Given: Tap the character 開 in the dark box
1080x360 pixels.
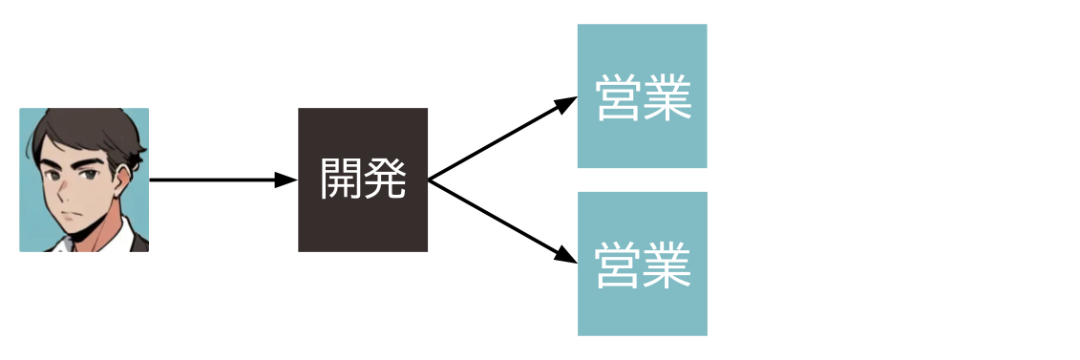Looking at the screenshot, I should (x=341, y=179).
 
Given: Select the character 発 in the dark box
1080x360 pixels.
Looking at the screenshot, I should (x=385, y=179).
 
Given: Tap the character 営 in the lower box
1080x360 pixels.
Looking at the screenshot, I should (x=619, y=265).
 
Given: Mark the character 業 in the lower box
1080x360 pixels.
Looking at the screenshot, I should (x=667, y=265).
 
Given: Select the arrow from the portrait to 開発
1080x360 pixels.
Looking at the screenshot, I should (x=215, y=180).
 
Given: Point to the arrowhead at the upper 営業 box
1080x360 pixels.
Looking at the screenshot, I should (x=567, y=103).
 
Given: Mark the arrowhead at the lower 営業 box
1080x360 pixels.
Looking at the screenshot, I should (x=567, y=257).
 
